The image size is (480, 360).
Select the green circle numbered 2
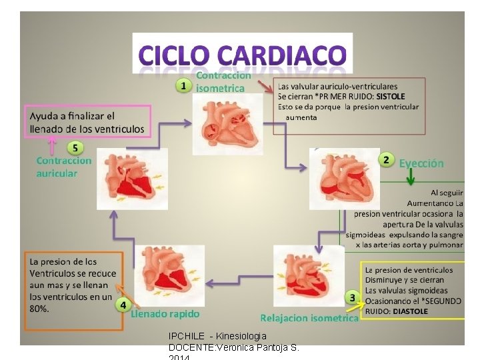(x=385, y=159)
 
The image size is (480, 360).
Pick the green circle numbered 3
(x=351, y=296)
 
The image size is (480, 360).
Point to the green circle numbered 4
(x=123, y=305)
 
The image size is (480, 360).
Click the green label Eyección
(x=421, y=163)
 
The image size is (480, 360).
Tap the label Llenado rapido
(x=165, y=313)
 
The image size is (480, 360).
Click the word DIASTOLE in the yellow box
(x=411, y=311)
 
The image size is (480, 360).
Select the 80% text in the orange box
(x=39, y=309)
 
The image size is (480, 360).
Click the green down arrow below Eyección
(x=411, y=177)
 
